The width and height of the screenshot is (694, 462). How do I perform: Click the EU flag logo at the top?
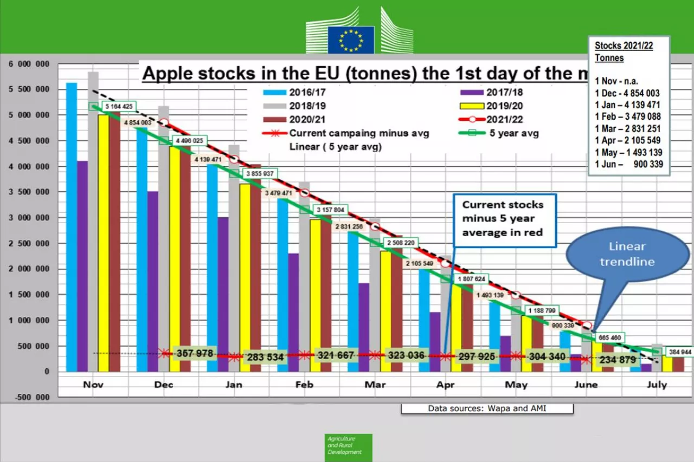pos(350,40)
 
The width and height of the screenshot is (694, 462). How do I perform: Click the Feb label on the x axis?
pos(304,385)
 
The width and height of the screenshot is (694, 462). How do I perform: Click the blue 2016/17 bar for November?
pos(72,227)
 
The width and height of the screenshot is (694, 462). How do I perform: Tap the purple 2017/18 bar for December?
pos(153,281)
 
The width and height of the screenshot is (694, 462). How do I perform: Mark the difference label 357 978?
pos(194,354)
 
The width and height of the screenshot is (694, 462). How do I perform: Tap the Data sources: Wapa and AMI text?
pos(486,408)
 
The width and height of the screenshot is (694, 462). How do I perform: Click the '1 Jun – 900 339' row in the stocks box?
pos(628,165)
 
